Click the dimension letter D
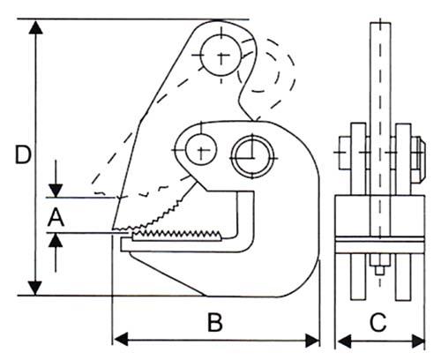(23, 155)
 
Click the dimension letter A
(56, 217)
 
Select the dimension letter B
(215, 322)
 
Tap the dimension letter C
(378, 322)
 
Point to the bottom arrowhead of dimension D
(35, 288)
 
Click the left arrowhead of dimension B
(121, 340)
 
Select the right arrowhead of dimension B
(312, 341)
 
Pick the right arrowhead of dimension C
(418, 341)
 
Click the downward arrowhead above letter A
(56, 191)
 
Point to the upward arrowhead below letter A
(56, 240)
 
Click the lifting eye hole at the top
(220, 56)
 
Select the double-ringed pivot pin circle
(252, 157)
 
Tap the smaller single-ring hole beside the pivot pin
(201, 149)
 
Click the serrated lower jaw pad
(176, 236)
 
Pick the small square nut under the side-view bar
(379, 270)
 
